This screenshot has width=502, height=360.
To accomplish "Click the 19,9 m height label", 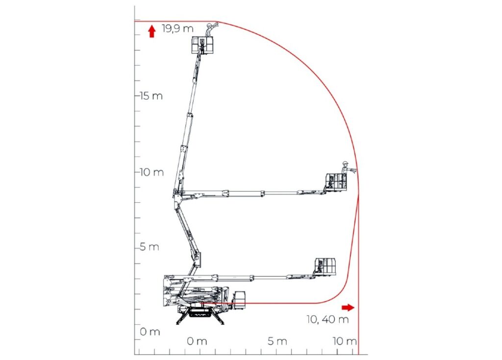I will point(178,29).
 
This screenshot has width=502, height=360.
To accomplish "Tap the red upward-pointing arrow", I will point(152,31).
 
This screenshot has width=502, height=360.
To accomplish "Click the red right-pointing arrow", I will point(348,307).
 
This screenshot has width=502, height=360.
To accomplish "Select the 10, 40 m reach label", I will point(328,320).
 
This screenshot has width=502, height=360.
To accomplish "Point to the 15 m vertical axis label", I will point(151,96).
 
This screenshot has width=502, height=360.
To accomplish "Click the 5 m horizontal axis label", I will point(277,341).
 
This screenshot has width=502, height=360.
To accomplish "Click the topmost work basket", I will point(203,45).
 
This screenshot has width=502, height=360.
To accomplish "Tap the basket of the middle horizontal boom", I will point(336,181).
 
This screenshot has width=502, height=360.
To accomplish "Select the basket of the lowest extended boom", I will point(326,266).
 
